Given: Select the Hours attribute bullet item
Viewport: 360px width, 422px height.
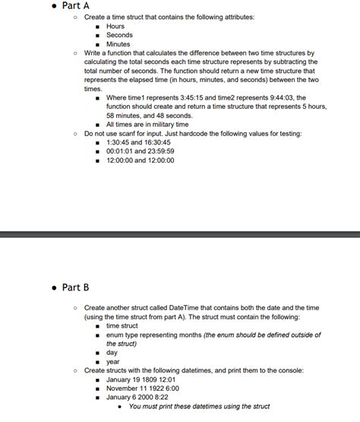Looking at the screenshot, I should pos(115,26).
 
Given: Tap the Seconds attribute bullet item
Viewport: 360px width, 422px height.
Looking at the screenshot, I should pos(119,35).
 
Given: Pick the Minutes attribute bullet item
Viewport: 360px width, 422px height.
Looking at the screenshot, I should pos(118,44).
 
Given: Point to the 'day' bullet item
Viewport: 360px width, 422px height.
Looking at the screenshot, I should pos(112,352).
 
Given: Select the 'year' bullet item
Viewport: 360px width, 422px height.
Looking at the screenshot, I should pos(112,361).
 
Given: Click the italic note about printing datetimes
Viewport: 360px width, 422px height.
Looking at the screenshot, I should pos(200,406).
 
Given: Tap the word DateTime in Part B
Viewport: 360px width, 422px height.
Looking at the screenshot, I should pos(192,307).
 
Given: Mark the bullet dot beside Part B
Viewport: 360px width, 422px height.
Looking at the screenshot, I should pos(53,287).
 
